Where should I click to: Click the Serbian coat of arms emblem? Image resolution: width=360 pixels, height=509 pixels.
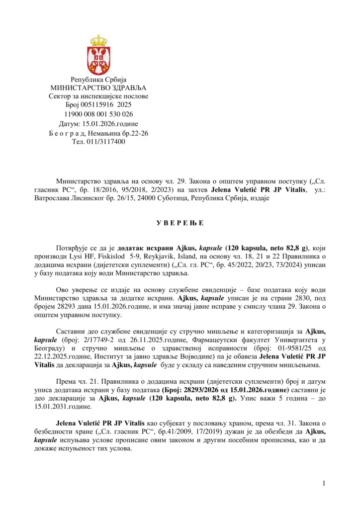[98, 55]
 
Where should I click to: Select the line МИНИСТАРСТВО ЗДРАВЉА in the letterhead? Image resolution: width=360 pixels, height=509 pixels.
[98, 87]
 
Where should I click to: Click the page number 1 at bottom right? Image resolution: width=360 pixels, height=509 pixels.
[323, 483]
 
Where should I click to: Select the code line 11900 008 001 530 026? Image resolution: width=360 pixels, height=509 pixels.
[98, 114]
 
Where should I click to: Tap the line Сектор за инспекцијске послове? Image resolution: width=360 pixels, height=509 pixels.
[98, 96]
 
